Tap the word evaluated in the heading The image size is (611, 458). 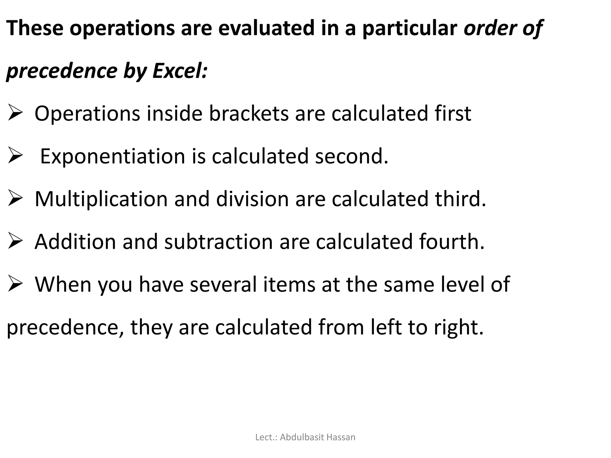pyautogui.click(x=266, y=28)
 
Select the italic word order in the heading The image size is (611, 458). pyautogui.click(x=485, y=28)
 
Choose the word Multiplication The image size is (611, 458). pyautogui.click(x=101, y=199)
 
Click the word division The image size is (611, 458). pyautogui.click(x=252, y=199)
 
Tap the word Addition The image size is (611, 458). pyautogui.click(x=75, y=242)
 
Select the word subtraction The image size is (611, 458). pyautogui.click(x=218, y=242)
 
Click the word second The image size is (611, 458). pyautogui.click(x=351, y=157)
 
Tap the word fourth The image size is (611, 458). pyautogui.click(x=451, y=242)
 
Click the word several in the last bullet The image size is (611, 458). pyautogui.click(x=223, y=284)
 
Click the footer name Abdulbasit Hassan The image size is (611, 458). pyautogui.click(x=317, y=437)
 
